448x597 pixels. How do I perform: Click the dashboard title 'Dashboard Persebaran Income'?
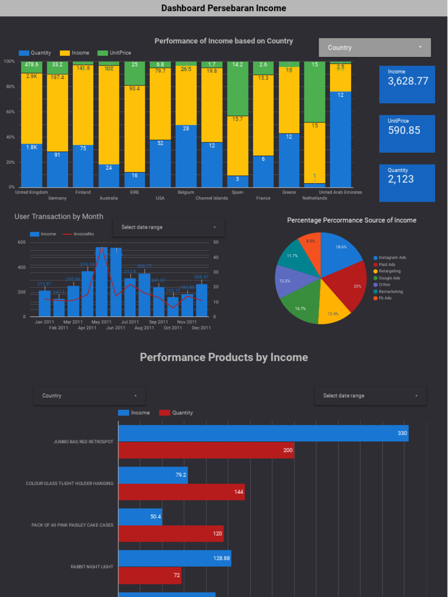[x=223, y=8]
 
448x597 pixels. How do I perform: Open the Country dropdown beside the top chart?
[x=374, y=48]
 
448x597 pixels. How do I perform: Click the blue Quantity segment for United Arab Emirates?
[x=340, y=140]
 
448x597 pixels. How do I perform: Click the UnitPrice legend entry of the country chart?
[x=118, y=53]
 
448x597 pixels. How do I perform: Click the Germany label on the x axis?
[x=57, y=198]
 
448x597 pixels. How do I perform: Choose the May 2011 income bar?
[x=101, y=283]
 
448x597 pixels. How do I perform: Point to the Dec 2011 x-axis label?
[x=201, y=328]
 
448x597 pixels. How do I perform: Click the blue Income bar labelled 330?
[x=263, y=433]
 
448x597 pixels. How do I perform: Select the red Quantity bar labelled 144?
[x=181, y=492]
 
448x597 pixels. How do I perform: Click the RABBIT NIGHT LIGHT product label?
[x=92, y=567]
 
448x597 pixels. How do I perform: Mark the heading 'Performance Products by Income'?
[x=223, y=357]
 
